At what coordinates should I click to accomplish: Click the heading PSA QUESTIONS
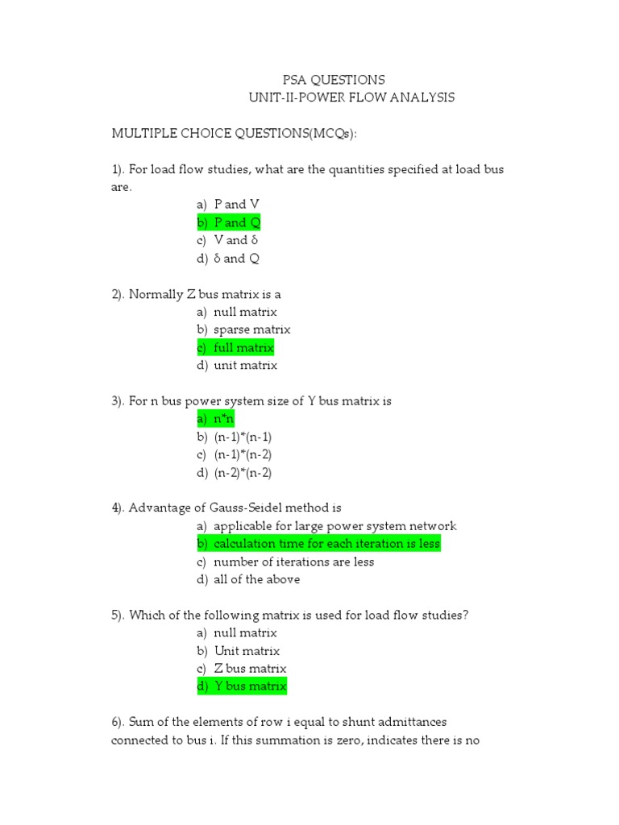(x=333, y=80)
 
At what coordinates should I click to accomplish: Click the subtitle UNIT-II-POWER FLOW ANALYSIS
(x=351, y=97)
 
